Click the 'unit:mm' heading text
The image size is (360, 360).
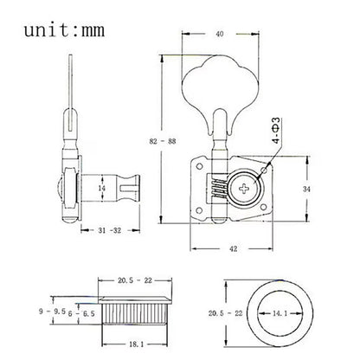(x=64, y=30)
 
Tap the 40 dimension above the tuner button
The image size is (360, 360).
(x=220, y=34)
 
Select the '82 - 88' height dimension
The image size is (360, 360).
(x=163, y=141)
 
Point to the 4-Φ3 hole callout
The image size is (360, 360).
(x=276, y=131)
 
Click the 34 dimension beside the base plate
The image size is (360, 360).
(x=306, y=190)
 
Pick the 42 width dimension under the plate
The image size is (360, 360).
(x=233, y=248)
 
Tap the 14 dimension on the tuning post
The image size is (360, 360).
(x=101, y=189)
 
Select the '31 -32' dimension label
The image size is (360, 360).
(x=110, y=230)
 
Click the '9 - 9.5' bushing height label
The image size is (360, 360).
(x=52, y=312)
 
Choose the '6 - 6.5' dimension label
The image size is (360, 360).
(x=81, y=313)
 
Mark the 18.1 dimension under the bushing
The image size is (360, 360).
(x=136, y=344)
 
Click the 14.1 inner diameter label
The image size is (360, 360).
(x=280, y=313)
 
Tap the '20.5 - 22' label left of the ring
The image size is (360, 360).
(x=225, y=313)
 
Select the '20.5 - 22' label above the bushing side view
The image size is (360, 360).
(x=135, y=280)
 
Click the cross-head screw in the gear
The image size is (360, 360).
(x=245, y=189)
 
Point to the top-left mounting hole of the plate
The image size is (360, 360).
(x=199, y=166)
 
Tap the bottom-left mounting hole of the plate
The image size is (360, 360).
(x=199, y=211)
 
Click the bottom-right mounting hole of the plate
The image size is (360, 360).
(x=263, y=208)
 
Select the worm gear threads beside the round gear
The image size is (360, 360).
(x=220, y=189)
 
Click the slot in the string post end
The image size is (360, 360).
(x=128, y=189)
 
